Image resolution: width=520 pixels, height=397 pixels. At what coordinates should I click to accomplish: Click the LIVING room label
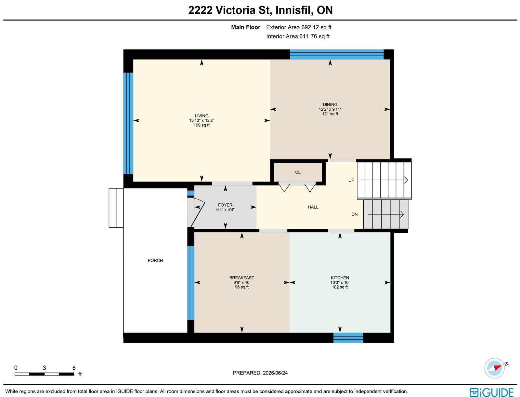coord(201,116)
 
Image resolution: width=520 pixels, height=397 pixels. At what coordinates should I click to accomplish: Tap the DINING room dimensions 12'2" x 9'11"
coord(330,109)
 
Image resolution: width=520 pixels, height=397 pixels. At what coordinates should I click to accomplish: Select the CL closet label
coord(298,172)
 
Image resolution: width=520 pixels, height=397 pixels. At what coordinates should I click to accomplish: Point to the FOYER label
coord(225,205)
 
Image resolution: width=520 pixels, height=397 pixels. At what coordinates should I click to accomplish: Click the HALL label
coord(313,207)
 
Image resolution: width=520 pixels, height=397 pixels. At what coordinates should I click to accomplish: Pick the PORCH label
coord(155,260)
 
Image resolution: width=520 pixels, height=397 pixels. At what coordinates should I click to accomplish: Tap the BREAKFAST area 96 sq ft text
coord(242,287)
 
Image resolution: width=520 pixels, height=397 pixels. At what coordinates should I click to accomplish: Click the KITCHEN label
coord(340,278)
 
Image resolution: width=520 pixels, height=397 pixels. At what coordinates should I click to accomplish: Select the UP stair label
coord(351,180)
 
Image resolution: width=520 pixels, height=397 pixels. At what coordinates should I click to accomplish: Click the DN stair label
coord(354,214)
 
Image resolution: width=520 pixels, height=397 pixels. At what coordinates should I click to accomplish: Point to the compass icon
coord(494,368)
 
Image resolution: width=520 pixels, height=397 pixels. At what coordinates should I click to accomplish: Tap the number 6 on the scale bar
coord(74,368)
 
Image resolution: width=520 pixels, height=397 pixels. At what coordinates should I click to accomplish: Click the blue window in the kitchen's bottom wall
coord(348,337)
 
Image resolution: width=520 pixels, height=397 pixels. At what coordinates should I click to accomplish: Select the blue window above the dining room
coord(337,54)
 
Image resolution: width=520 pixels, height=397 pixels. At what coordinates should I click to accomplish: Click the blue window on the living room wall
coord(128,123)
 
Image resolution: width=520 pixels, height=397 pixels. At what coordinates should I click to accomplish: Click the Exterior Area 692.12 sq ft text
coord(299,27)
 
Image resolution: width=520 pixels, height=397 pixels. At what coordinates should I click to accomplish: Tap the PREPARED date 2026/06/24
coord(275,373)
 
